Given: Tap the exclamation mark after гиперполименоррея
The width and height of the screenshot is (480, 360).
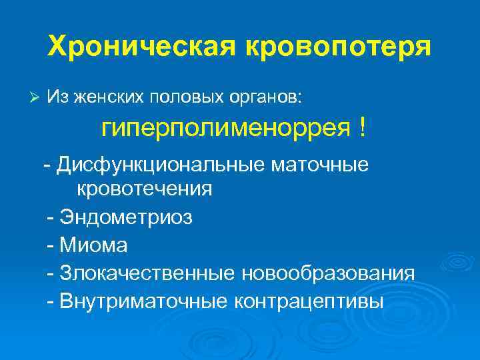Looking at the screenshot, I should (362, 127).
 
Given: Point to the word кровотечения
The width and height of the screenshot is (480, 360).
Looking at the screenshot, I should (145, 189).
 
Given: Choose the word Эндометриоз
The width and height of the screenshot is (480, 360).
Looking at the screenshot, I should (127, 217).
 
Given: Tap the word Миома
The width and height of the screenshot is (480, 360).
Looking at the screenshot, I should (93, 245).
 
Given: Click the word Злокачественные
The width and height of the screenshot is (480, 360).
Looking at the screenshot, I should (146, 273).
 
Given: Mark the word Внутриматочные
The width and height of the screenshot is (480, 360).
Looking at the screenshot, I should (144, 301).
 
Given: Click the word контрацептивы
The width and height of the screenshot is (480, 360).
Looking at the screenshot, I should (309, 301).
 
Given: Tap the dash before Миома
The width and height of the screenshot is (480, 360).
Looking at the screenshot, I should (51, 246).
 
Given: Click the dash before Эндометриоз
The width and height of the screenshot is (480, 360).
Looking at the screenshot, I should (51, 218).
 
